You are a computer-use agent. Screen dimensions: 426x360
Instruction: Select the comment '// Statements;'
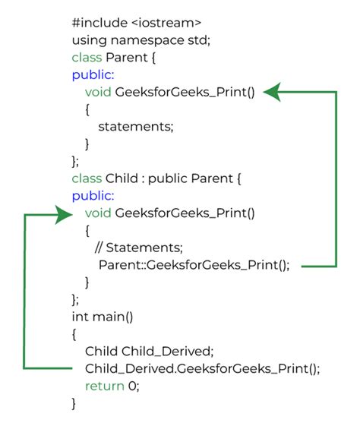coord(138,248)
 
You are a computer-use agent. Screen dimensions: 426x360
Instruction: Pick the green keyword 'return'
coord(103,387)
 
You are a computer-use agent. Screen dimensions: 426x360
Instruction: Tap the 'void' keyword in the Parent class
coord(98,92)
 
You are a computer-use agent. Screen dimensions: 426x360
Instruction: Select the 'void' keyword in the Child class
coord(98,213)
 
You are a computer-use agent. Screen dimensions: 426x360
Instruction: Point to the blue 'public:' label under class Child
coord(90,196)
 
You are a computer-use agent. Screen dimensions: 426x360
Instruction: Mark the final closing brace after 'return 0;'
coord(74,404)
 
